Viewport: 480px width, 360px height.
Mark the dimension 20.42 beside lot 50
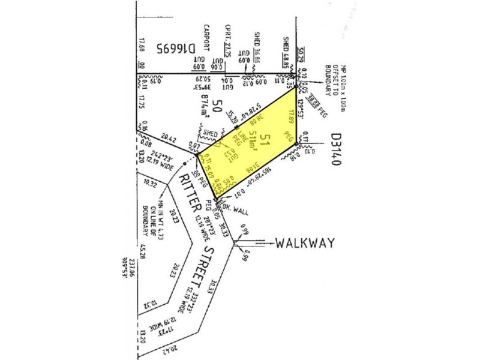pyautogui.click(x=168, y=139)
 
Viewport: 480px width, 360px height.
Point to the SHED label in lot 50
pyautogui.click(x=211, y=133)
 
